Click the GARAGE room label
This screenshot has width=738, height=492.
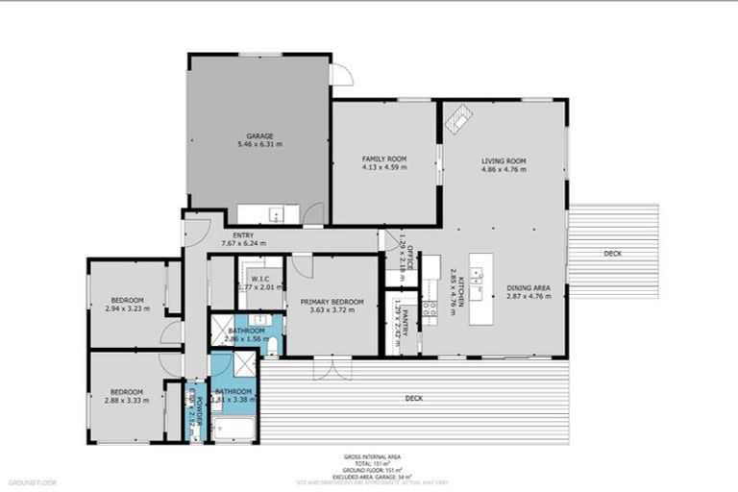259,135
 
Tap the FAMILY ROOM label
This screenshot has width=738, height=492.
384,158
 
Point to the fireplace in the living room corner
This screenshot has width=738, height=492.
458,118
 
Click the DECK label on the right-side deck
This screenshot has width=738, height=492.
613,254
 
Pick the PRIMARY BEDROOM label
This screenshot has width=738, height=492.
331,302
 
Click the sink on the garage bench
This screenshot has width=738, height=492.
276,214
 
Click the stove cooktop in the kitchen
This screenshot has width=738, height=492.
430,307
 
